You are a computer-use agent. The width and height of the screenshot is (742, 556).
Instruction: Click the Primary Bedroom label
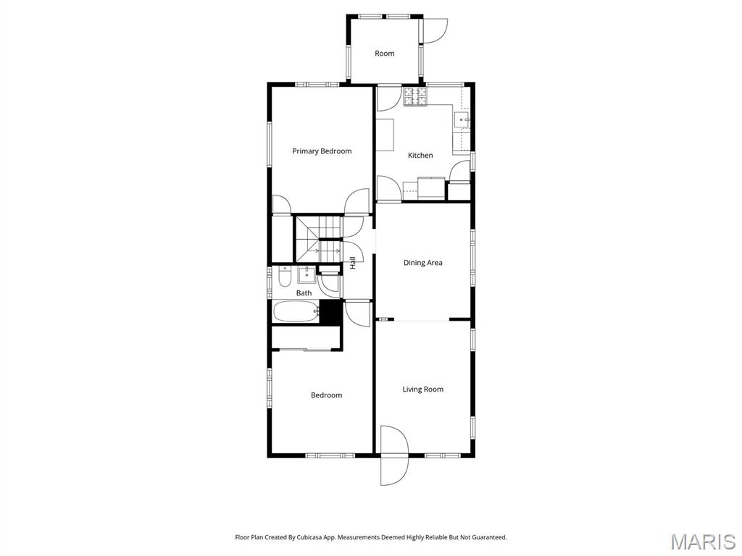click(x=322, y=151)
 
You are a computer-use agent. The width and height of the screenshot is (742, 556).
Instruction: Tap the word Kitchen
click(x=420, y=156)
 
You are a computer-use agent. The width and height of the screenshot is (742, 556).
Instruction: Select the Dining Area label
click(x=422, y=263)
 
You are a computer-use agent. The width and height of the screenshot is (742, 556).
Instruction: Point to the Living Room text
click(x=422, y=389)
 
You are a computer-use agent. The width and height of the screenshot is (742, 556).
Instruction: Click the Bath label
click(x=304, y=293)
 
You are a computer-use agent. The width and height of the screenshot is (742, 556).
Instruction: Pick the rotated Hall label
click(x=353, y=263)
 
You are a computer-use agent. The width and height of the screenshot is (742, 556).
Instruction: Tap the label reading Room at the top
click(x=384, y=54)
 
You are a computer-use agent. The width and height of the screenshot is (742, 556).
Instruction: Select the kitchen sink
click(x=461, y=119)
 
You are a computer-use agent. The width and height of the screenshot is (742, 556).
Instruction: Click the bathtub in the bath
click(x=296, y=312)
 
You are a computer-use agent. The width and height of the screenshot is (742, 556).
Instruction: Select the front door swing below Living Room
click(x=394, y=455)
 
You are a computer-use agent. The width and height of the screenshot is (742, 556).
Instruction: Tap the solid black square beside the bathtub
click(x=331, y=312)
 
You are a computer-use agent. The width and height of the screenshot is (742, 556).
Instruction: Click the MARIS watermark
click(x=702, y=542)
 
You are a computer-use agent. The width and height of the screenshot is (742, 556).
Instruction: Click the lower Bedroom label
click(x=326, y=395)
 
